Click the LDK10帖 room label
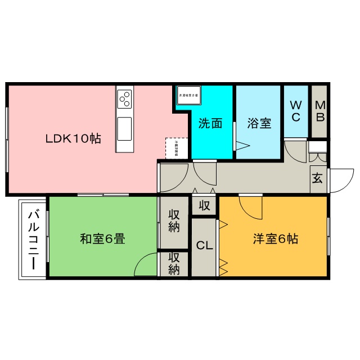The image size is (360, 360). point(73,138)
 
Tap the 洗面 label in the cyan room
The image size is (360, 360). point(211,124)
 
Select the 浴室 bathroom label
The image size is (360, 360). point(259,124)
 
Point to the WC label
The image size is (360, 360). point(296,111)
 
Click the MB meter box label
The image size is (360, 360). point(319,111)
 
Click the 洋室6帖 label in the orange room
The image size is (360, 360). point(274,238)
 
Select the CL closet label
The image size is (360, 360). point(204,245)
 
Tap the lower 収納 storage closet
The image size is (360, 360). point(174,263)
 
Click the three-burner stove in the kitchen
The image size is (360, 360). point(124,99)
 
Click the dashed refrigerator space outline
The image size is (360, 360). point(175,147)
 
